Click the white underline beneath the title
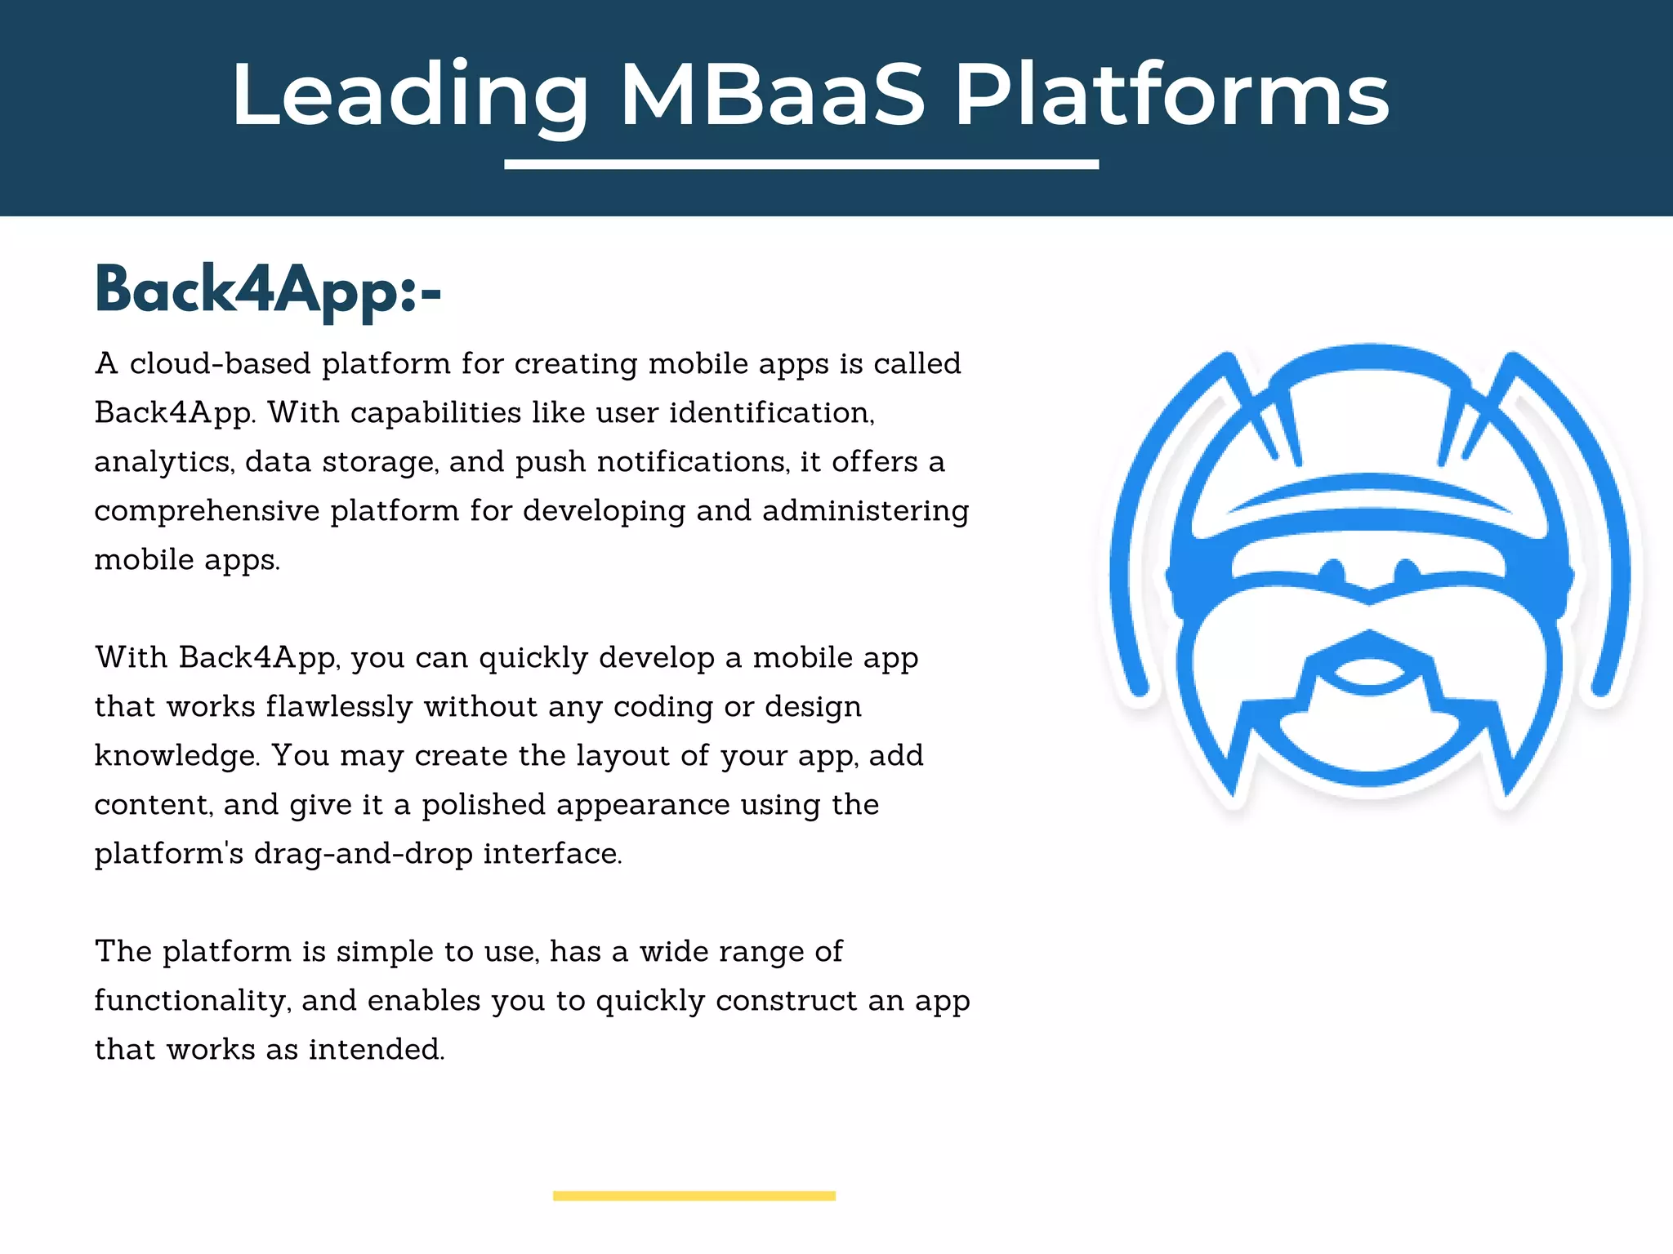point(801,165)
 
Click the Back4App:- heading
point(268,290)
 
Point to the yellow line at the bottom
point(694,1196)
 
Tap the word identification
point(771,412)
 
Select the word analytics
point(163,462)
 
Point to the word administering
point(865,511)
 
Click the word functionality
point(193,1001)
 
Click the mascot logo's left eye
point(1333,570)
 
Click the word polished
point(483,805)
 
